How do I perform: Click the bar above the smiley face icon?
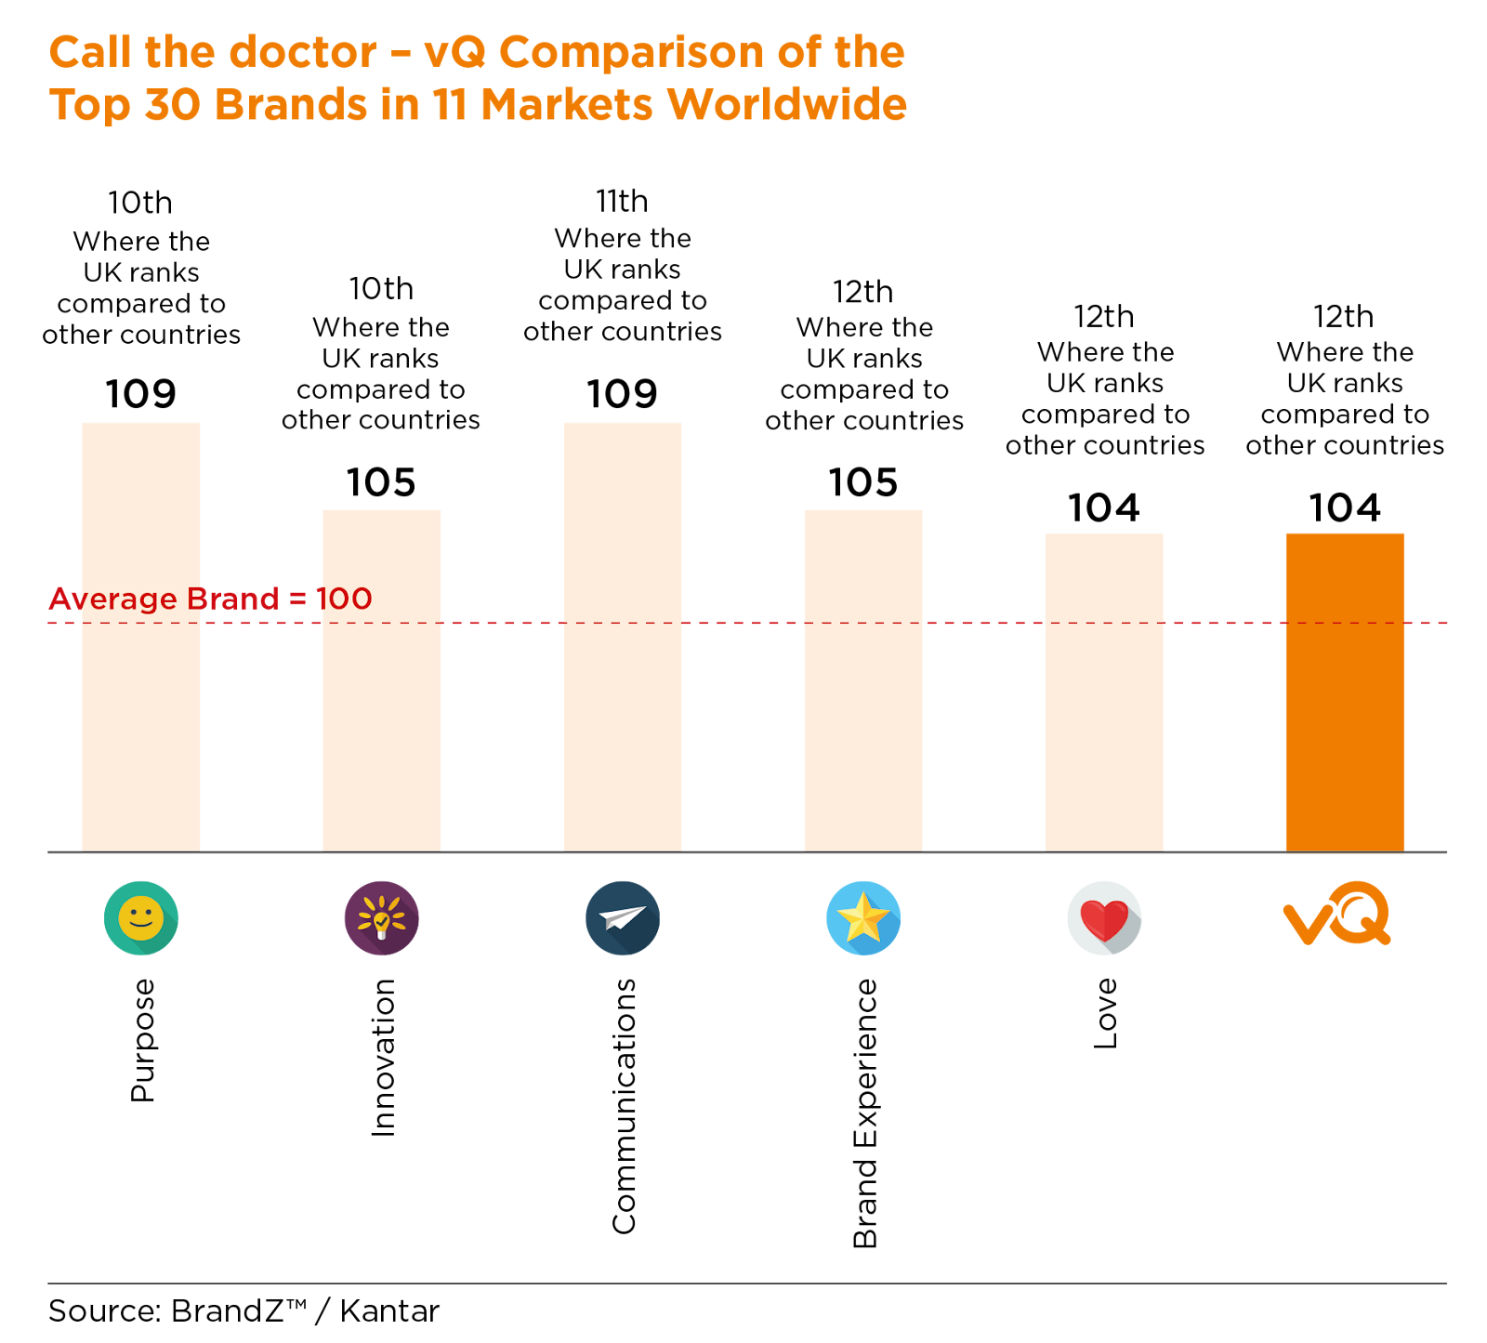click(x=141, y=636)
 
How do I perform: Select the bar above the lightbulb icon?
click(x=382, y=679)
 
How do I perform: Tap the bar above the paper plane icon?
click(x=623, y=636)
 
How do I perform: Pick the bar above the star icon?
click(x=863, y=679)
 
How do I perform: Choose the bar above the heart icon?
click(x=1104, y=691)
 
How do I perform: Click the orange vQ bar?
click(x=1345, y=691)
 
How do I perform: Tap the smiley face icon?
click(x=141, y=918)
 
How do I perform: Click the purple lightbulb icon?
click(x=382, y=918)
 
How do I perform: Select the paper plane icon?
click(x=623, y=918)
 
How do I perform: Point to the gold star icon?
click(x=863, y=918)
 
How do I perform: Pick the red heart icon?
click(x=1104, y=918)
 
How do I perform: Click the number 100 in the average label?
click(x=344, y=599)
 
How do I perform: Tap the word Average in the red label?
click(x=112, y=599)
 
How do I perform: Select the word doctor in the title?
click(x=302, y=52)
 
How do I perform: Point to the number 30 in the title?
click(x=173, y=104)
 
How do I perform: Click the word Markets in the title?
click(x=567, y=104)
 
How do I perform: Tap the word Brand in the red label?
click(x=232, y=599)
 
